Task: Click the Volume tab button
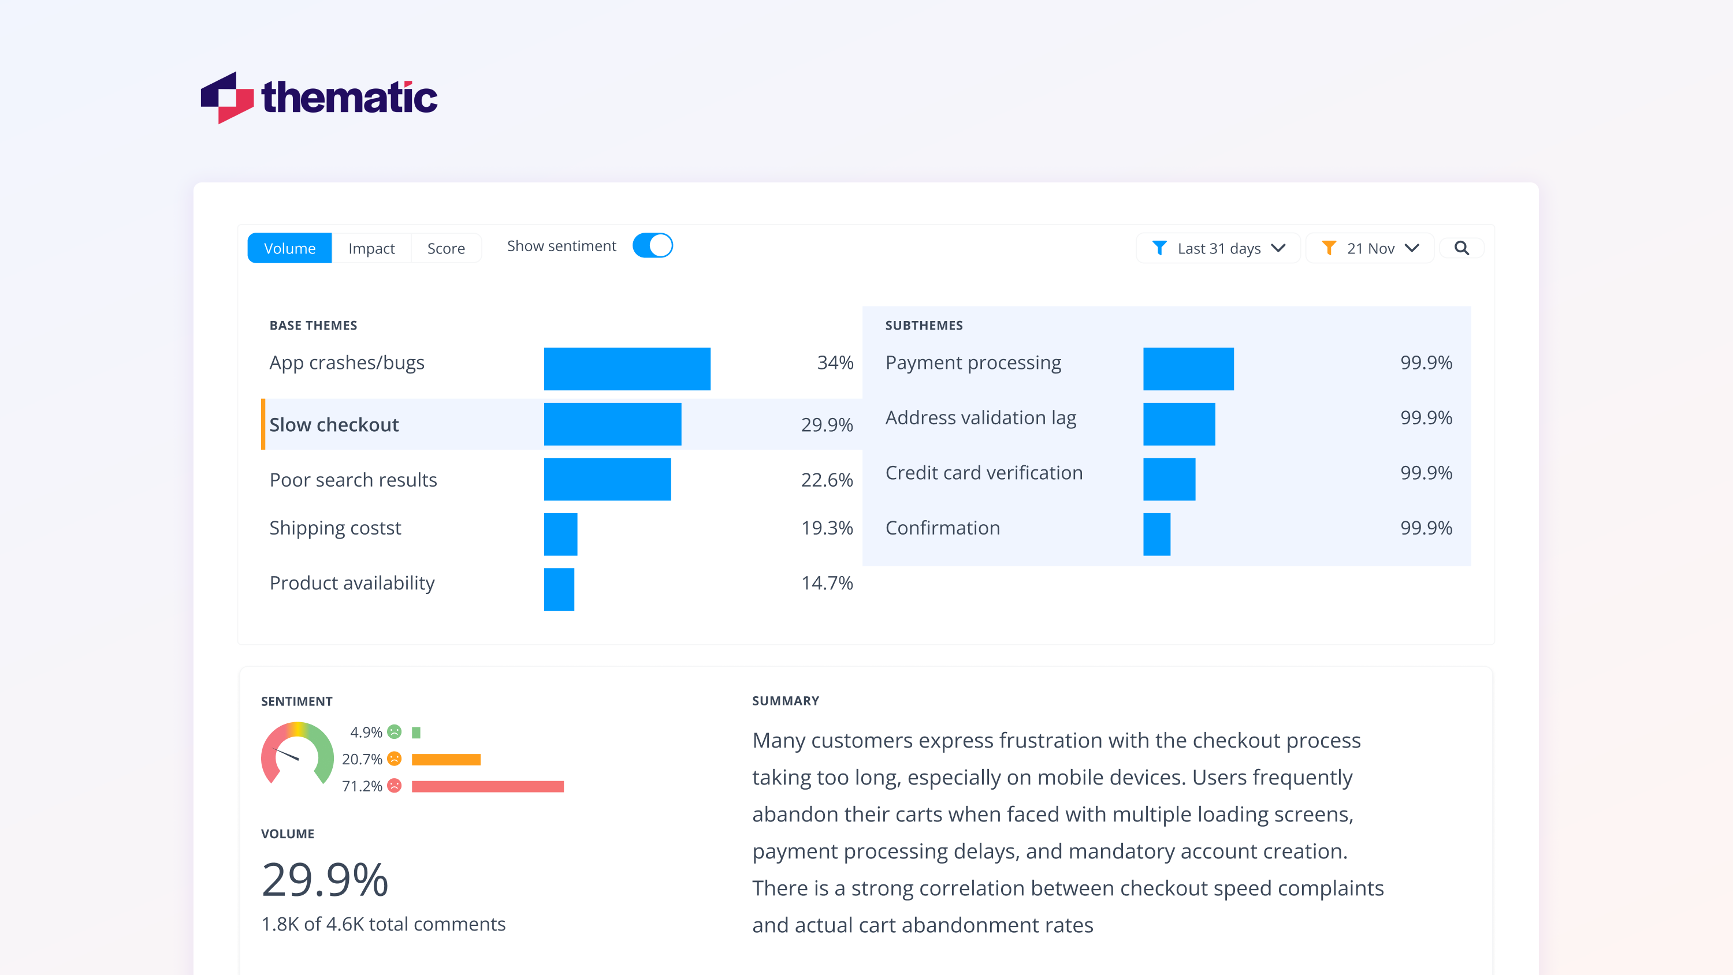pyautogui.click(x=289, y=248)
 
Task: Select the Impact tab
pyautogui.click(x=371, y=248)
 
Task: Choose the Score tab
pyautogui.click(x=445, y=248)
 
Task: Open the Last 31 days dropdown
pyautogui.click(x=1218, y=248)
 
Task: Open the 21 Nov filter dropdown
pyautogui.click(x=1370, y=248)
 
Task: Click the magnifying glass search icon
pyautogui.click(x=1461, y=248)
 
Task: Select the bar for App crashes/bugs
pyautogui.click(x=626, y=368)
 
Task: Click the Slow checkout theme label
pyautogui.click(x=334, y=424)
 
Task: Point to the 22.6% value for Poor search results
pyautogui.click(x=826, y=480)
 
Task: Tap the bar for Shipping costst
pyautogui.click(x=560, y=534)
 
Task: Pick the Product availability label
pyautogui.click(x=352, y=582)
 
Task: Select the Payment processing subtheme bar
pyautogui.click(x=1188, y=368)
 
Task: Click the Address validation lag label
pyautogui.click(x=980, y=417)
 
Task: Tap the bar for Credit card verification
pyautogui.click(x=1169, y=479)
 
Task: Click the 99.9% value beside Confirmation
pyautogui.click(x=1426, y=528)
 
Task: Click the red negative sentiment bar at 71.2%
pyautogui.click(x=487, y=786)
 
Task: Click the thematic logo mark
pyautogui.click(x=226, y=98)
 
